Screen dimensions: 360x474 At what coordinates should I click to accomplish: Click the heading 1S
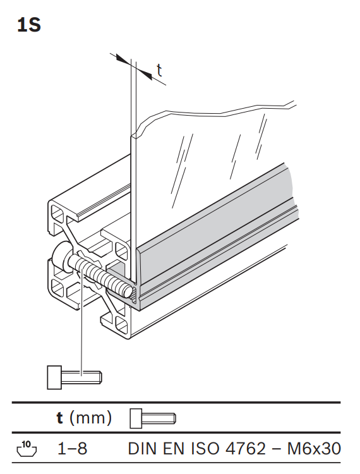click(x=29, y=25)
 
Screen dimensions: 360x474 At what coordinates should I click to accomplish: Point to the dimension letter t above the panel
click(x=159, y=70)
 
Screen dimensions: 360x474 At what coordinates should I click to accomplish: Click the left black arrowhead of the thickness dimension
click(x=123, y=59)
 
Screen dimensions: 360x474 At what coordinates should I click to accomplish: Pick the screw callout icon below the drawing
click(x=75, y=377)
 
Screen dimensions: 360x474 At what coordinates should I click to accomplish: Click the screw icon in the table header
click(x=153, y=418)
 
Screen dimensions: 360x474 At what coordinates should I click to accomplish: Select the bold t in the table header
click(x=60, y=418)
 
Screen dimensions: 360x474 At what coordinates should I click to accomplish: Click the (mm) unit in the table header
click(x=90, y=418)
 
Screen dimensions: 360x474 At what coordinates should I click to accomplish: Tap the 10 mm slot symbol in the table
click(x=27, y=448)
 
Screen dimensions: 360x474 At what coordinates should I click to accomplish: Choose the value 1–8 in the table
click(x=72, y=448)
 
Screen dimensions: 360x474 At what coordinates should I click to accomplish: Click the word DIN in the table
click(x=143, y=449)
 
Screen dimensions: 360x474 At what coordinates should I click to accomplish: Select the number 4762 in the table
click(x=246, y=449)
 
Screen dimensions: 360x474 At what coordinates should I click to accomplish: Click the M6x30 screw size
click(x=314, y=449)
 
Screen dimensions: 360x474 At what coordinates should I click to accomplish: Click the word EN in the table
click(x=174, y=449)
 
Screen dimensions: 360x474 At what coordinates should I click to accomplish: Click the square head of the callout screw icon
click(x=54, y=377)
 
